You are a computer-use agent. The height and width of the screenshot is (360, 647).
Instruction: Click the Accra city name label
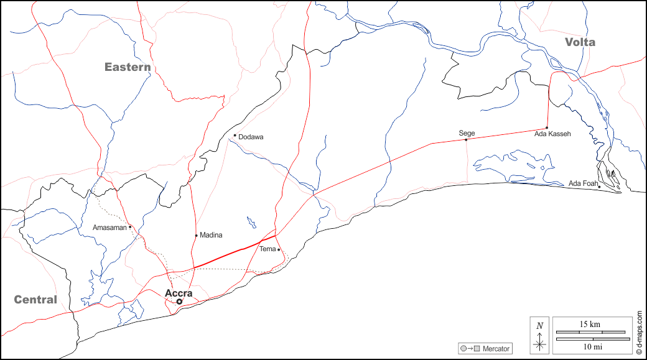tap(179, 293)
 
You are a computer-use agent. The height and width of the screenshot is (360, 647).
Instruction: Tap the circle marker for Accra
tap(179, 302)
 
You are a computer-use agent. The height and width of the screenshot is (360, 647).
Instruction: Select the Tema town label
tap(268, 249)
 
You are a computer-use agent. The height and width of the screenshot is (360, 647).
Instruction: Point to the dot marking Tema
tap(279, 249)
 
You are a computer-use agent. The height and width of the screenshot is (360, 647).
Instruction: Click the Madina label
tap(211, 235)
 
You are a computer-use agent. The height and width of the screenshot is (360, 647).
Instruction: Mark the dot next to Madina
tap(196, 235)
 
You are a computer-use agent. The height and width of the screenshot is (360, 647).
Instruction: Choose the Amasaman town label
tap(109, 228)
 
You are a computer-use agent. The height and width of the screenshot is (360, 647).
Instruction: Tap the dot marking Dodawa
tap(235, 136)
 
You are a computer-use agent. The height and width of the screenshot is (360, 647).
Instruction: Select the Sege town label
tap(467, 133)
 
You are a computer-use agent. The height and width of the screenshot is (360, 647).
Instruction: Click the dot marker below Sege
tap(466, 139)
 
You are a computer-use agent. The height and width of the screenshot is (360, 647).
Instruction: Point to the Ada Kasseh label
tap(552, 134)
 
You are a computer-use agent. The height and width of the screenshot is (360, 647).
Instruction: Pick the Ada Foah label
tap(583, 183)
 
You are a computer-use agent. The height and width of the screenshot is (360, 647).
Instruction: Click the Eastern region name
tap(128, 67)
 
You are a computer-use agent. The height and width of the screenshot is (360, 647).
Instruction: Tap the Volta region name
tap(580, 42)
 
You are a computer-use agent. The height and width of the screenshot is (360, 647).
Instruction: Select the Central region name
tap(35, 300)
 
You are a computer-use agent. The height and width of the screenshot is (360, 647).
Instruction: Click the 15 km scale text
tap(589, 325)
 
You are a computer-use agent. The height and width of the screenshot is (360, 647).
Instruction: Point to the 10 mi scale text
tap(589, 346)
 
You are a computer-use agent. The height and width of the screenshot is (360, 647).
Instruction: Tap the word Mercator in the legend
tap(496, 349)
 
